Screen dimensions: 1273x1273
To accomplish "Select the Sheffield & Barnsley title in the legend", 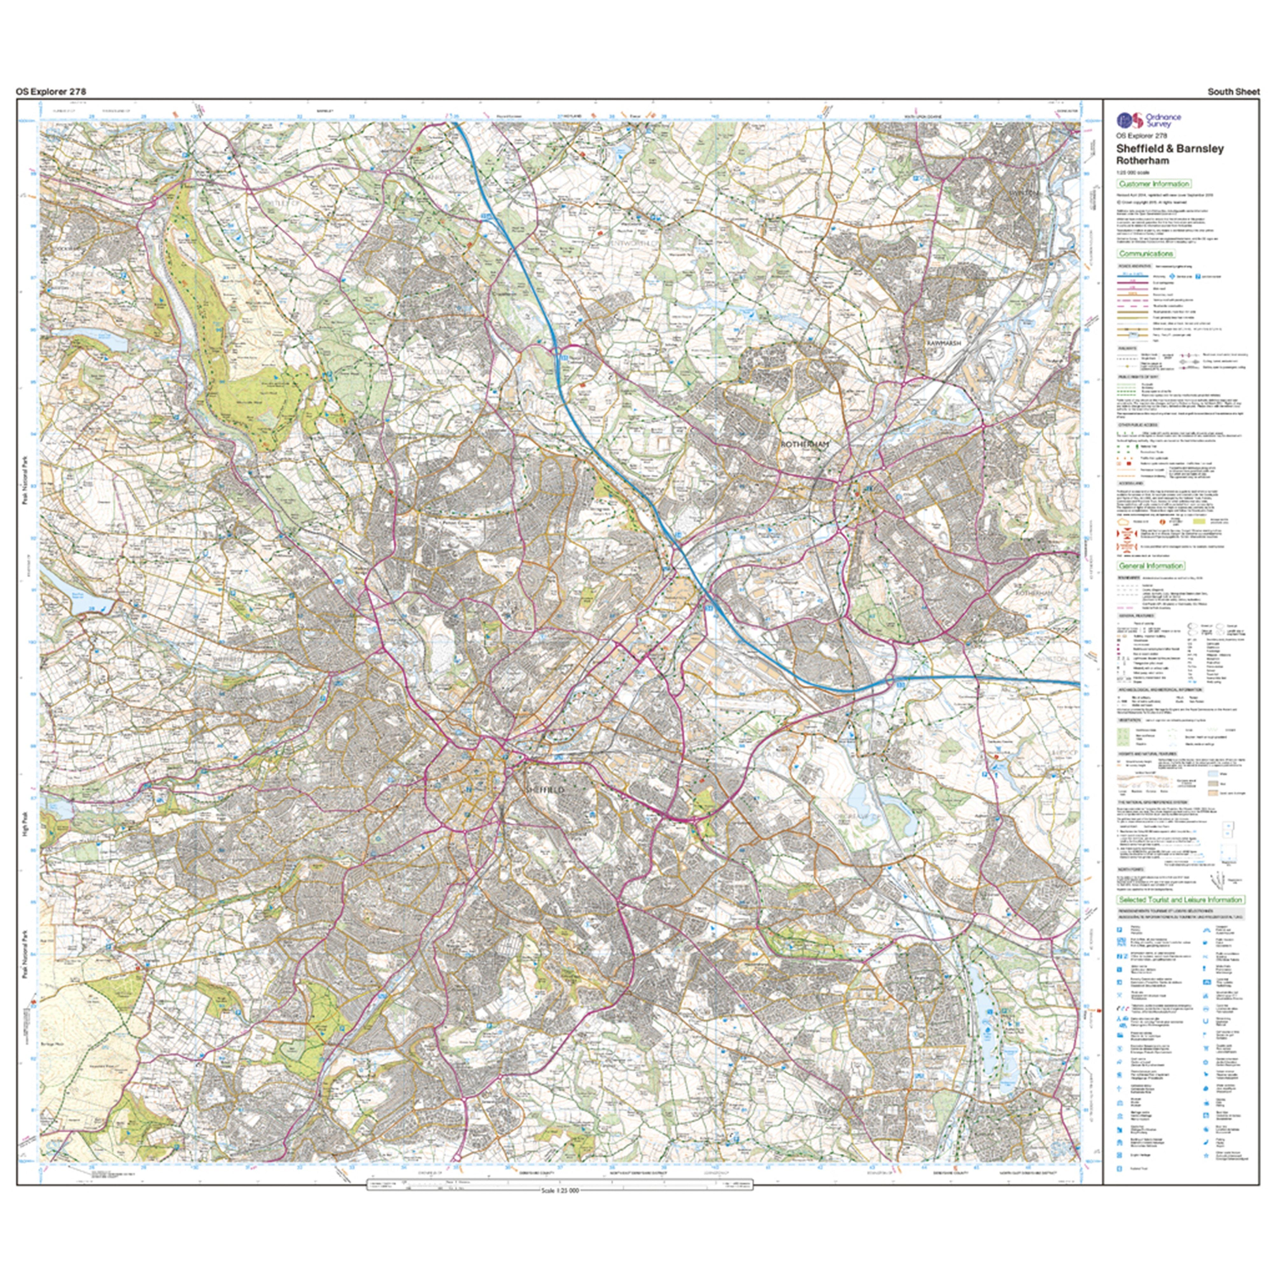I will click(x=1170, y=149).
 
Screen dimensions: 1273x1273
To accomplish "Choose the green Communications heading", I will click(x=1146, y=254).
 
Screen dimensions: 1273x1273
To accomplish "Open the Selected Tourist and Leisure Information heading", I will click(x=1179, y=899).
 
